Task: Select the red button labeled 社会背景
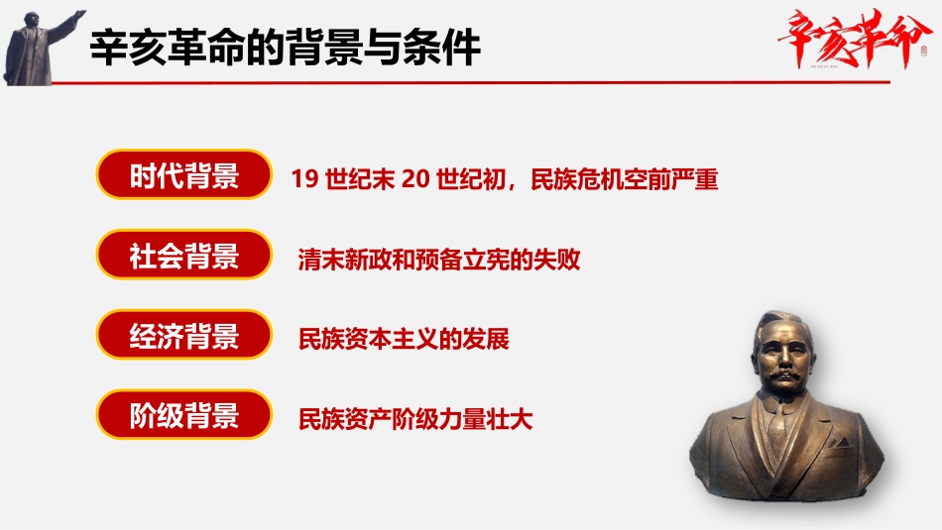coord(183,257)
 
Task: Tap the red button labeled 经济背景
coord(183,336)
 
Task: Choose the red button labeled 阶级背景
coord(183,415)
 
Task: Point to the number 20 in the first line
coord(414,180)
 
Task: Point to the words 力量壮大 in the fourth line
coord(498,419)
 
